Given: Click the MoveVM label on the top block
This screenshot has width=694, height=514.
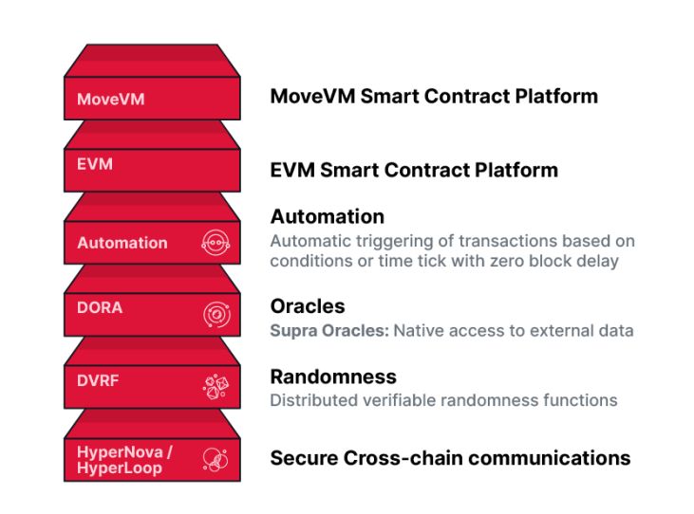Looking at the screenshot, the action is [x=111, y=99].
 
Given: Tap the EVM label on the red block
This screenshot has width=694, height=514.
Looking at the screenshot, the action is [x=95, y=164].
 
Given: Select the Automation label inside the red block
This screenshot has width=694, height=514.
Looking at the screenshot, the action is [x=122, y=243].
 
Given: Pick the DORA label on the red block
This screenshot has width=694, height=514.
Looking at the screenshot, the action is [x=100, y=307].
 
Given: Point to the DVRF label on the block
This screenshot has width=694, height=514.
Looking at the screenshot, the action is [x=98, y=380].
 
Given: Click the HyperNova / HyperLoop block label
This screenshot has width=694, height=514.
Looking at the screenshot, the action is [x=124, y=460].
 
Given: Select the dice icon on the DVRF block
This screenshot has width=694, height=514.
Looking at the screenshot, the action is [x=216, y=387].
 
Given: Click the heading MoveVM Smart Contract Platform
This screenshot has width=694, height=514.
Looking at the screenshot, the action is [x=434, y=97].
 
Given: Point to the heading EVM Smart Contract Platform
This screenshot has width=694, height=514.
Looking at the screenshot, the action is [x=414, y=170].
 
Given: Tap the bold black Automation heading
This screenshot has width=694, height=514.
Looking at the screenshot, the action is [x=328, y=216].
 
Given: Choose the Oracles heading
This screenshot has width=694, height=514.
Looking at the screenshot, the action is [x=308, y=306].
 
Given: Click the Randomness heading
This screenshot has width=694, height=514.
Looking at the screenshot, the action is [x=333, y=377].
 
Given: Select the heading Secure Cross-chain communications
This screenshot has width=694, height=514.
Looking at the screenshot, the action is [x=450, y=458].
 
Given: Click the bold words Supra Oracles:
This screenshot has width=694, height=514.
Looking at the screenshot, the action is [x=329, y=331].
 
